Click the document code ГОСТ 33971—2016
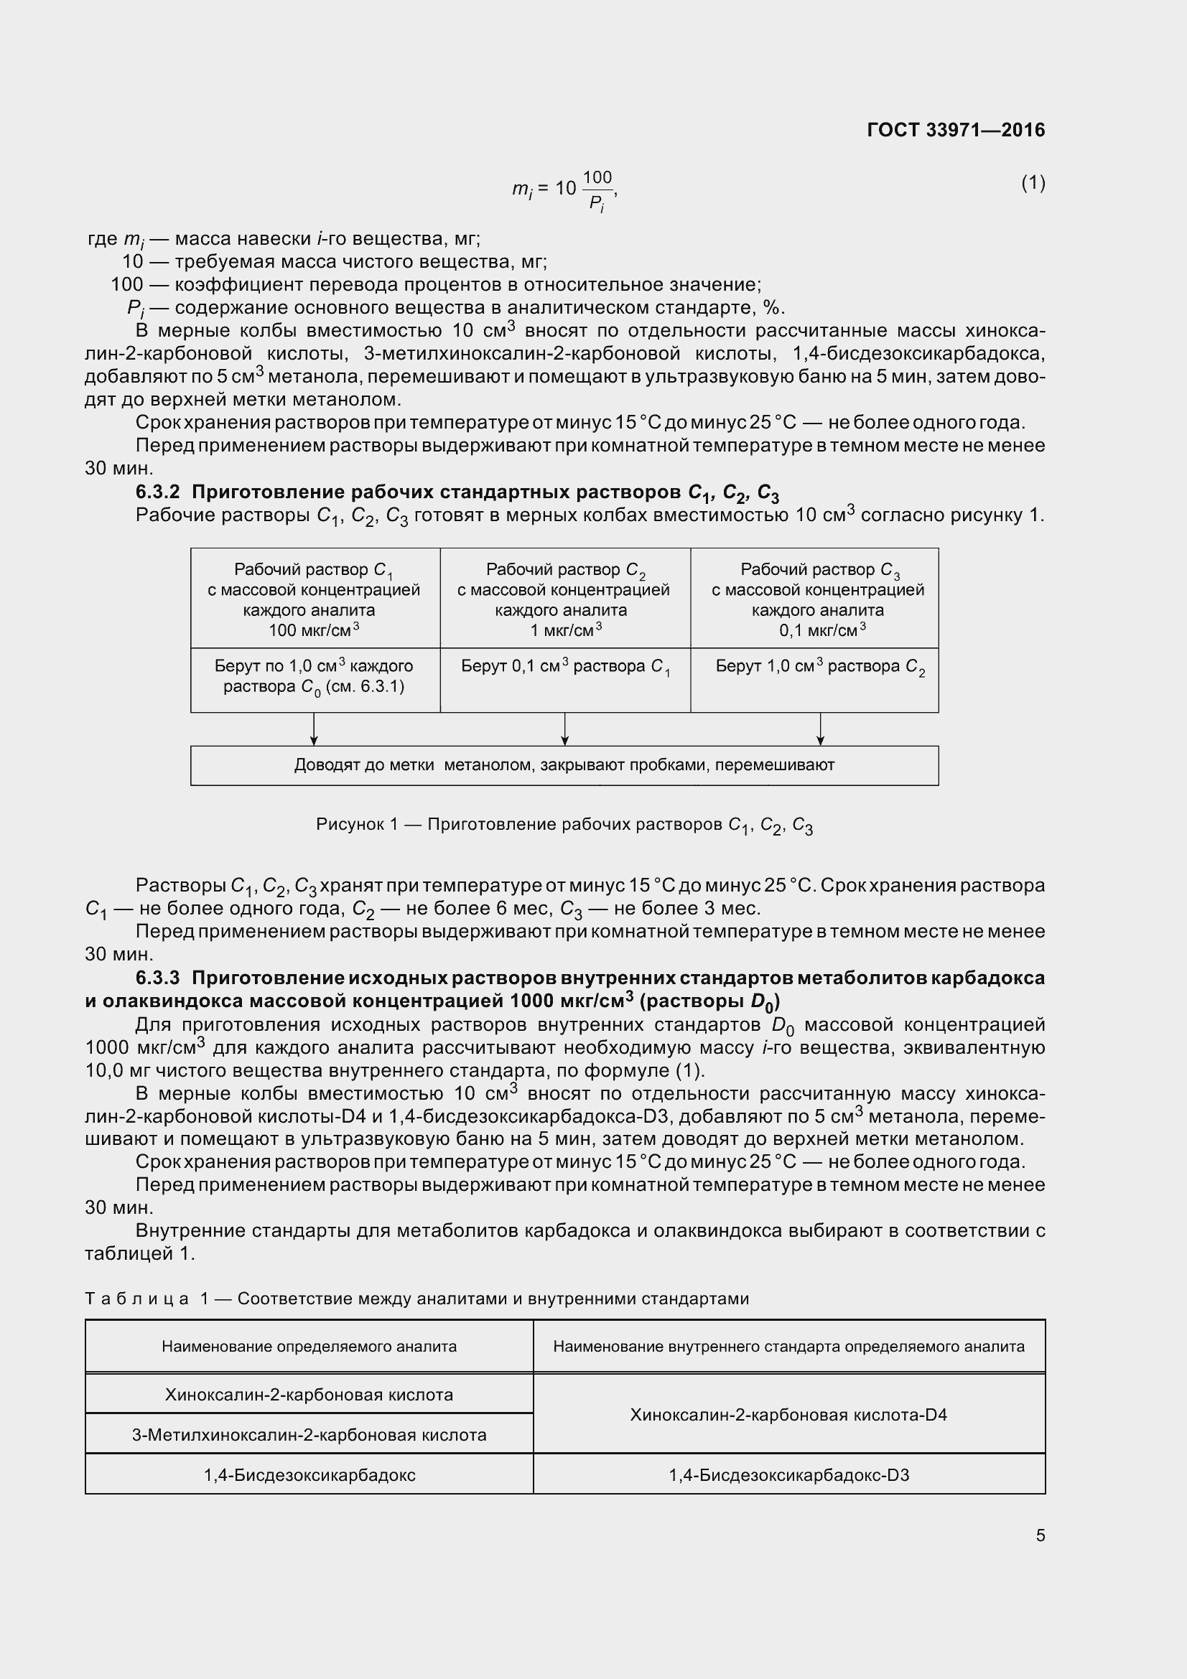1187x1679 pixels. (x=956, y=130)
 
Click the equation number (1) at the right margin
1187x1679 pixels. (x=1033, y=183)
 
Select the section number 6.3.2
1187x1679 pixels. (x=157, y=492)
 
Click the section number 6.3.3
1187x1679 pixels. (x=157, y=978)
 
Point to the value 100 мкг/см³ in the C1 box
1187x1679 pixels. (x=314, y=630)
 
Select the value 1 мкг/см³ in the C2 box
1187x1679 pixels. (x=565, y=630)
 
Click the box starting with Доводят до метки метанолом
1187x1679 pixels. (x=564, y=765)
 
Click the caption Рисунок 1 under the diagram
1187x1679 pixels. (x=564, y=825)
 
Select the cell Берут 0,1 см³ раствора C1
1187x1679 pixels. (x=565, y=666)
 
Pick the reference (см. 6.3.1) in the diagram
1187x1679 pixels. (x=365, y=687)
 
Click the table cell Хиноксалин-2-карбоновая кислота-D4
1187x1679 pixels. (x=788, y=1414)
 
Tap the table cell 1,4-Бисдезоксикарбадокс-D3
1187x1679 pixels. (x=788, y=1475)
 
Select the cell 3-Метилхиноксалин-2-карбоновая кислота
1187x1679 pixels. (x=309, y=1435)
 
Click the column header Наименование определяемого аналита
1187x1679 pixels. (x=309, y=1346)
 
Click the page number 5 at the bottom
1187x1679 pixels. (x=1040, y=1535)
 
